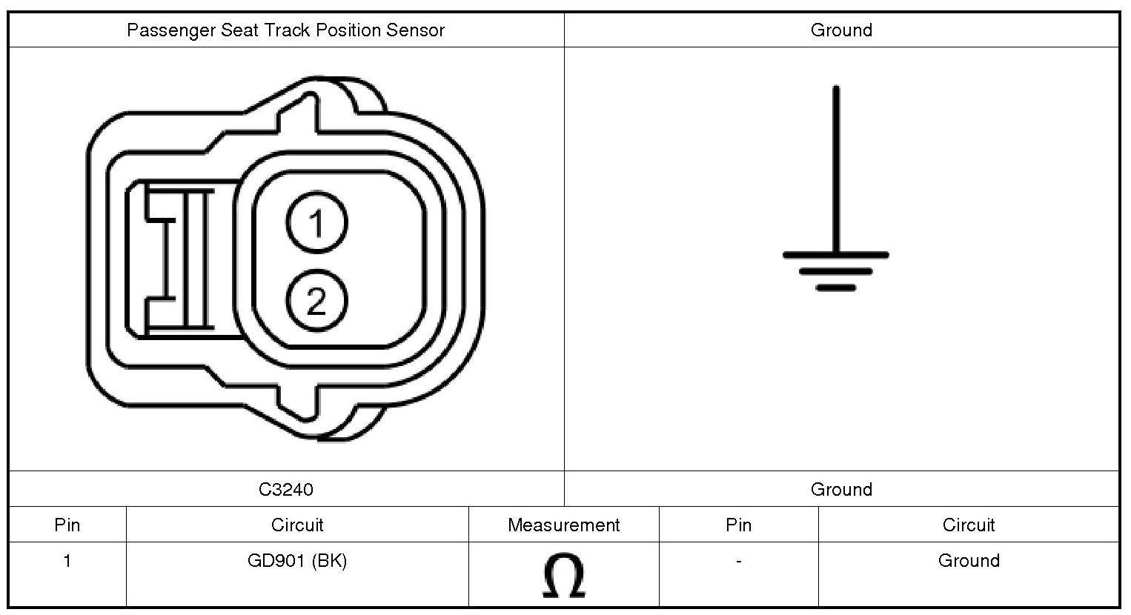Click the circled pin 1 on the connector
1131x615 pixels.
[316, 222]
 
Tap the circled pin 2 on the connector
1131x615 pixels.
[316, 300]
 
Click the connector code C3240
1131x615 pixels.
[286, 489]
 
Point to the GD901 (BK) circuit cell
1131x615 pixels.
[297, 561]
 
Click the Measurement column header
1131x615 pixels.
[563, 525]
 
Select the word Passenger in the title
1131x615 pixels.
[171, 30]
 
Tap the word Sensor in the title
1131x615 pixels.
[415, 30]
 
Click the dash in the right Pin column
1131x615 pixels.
[738, 561]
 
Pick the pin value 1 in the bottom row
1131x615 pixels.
[67, 561]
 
